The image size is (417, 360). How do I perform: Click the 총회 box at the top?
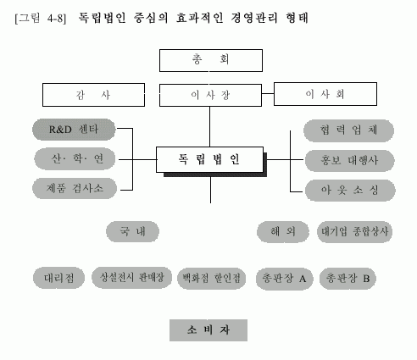[x=211, y=60]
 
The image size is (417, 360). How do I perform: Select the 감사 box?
[x=93, y=95]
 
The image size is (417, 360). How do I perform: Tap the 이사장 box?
[x=210, y=95]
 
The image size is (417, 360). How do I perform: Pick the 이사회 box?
[x=325, y=94]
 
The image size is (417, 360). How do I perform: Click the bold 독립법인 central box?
[x=209, y=159]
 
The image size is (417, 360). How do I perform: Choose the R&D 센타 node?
[x=74, y=130]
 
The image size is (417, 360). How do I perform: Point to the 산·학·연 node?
[x=75, y=158]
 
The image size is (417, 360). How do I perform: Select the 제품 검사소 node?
[x=75, y=188]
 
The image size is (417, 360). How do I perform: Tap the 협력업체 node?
[x=348, y=130]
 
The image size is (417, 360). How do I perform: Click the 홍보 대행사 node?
[x=349, y=161]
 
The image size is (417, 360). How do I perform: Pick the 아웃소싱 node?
[x=350, y=191]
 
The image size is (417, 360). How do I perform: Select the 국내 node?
[x=132, y=231]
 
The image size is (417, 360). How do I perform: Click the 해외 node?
[x=283, y=232]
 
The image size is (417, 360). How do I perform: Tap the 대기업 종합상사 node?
[x=354, y=232]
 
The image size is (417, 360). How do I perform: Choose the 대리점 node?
[x=58, y=278]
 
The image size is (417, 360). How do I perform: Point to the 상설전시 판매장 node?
[x=131, y=278]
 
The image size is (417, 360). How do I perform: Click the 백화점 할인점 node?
[x=211, y=279]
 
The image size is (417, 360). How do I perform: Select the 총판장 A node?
[x=285, y=280]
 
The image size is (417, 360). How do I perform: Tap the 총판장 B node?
[x=347, y=279]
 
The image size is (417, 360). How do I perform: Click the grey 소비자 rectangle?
[x=208, y=330]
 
